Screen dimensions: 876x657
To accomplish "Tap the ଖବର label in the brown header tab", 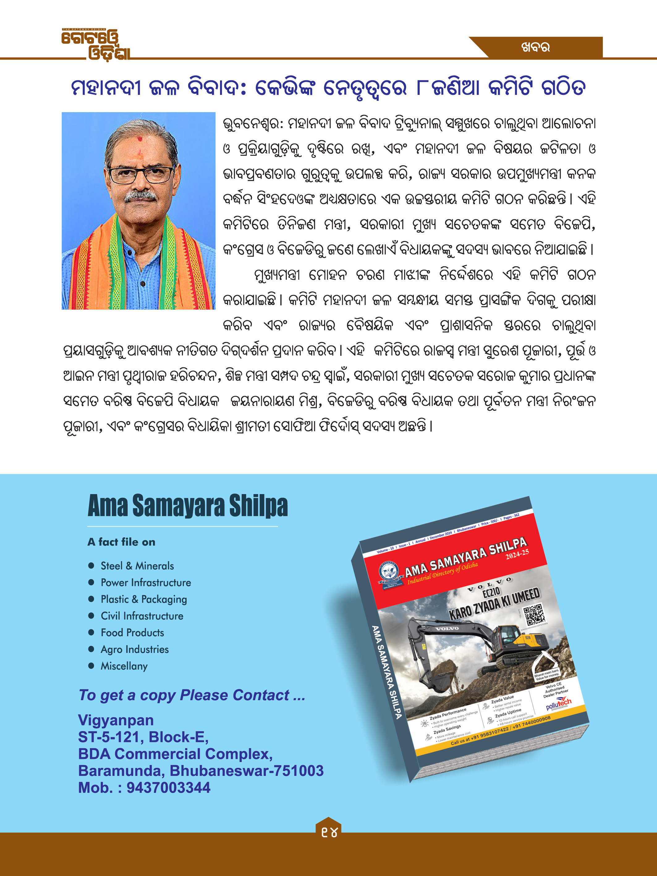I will [x=536, y=48].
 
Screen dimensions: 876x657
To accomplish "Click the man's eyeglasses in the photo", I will [x=141, y=175].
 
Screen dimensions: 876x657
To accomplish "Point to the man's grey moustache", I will [x=140, y=196].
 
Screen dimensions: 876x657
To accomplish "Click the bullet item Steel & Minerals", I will [x=137, y=566].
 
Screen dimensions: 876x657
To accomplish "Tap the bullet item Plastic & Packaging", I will [x=144, y=599].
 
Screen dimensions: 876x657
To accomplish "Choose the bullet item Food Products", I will [x=132, y=633].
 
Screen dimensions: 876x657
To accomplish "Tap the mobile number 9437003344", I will [x=168, y=788].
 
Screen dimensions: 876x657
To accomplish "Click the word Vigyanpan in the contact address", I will [x=116, y=720].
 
